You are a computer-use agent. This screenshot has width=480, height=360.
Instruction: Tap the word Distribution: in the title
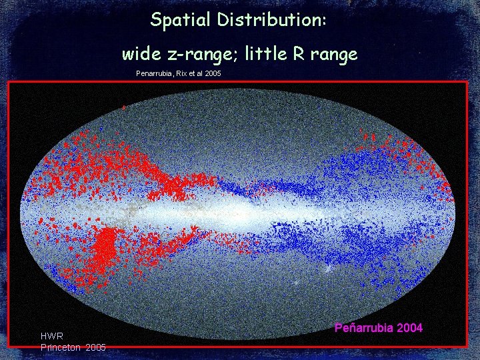(x=270, y=20)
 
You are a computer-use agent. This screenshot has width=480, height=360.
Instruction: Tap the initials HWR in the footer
(x=52, y=337)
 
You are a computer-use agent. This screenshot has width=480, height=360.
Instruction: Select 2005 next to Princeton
(x=95, y=347)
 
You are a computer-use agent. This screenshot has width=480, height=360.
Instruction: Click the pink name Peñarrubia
(x=363, y=328)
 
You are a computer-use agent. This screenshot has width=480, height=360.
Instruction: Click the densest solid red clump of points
(x=103, y=250)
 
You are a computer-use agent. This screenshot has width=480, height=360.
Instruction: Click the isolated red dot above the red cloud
(x=123, y=107)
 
